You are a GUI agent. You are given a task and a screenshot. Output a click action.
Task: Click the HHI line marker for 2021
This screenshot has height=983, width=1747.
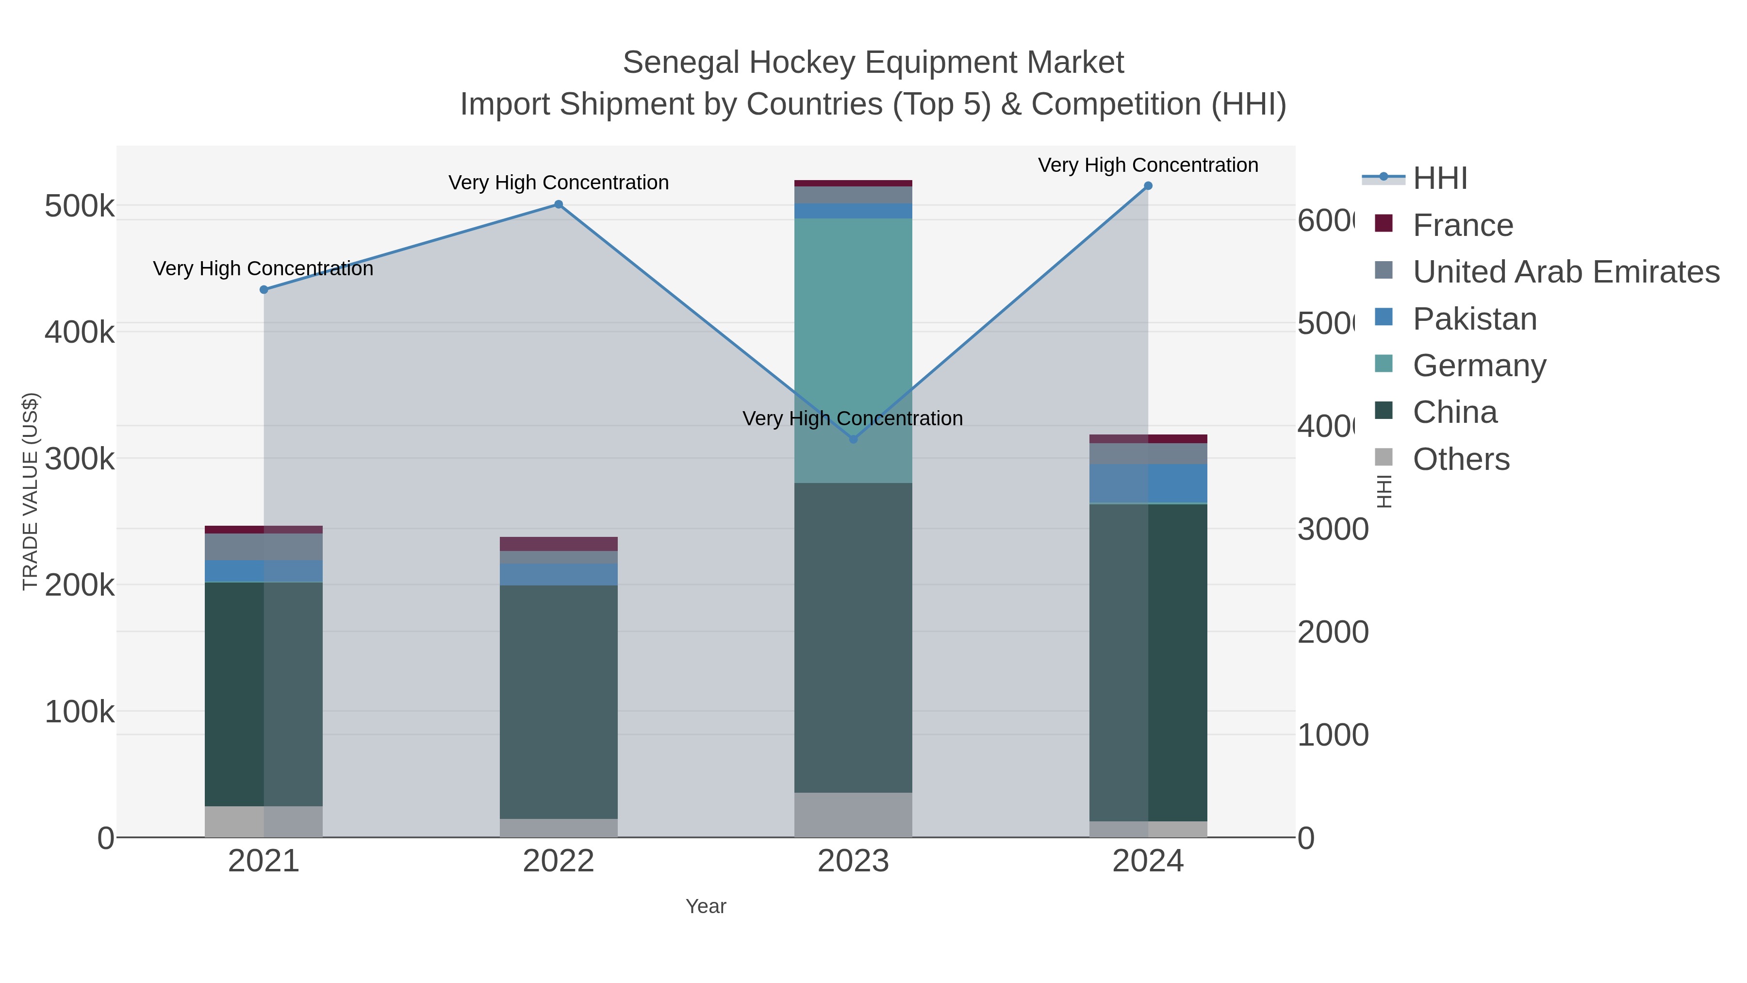click(264, 290)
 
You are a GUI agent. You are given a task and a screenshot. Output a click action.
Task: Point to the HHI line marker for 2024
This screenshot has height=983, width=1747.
click(1148, 186)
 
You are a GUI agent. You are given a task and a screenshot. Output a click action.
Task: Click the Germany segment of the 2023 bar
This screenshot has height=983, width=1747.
click(853, 339)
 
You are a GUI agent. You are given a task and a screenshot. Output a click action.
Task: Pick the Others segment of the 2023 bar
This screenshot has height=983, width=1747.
click(853, 814)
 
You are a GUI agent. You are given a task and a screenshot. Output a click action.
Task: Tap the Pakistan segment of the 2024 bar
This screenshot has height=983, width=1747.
click(1148, 483)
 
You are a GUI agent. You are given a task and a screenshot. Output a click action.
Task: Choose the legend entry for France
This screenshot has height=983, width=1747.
click(1462, 225)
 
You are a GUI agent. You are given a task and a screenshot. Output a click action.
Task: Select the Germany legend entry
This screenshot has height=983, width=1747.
click(1479, 366)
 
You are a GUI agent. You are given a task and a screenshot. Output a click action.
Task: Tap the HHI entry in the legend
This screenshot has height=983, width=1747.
click(1439, 179)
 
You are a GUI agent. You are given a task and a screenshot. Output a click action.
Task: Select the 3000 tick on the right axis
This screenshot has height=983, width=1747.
click(1332, 530)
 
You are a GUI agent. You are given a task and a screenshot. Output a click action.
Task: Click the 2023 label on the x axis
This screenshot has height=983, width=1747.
click(853, 862)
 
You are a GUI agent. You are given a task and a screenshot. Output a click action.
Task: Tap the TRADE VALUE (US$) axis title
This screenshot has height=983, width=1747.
click(31, 491)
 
